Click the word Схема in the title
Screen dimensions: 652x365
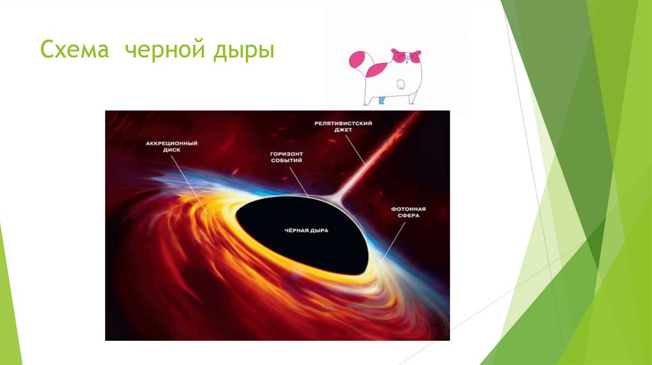[x=74, y=50]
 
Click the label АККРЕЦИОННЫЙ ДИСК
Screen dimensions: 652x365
[x=171, y=147]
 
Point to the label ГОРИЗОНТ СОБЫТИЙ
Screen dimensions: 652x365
[x=287, y=157]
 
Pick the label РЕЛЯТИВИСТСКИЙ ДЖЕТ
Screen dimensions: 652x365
[x=343, y=127]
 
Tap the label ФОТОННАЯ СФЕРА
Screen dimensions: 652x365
[x=408, y=212]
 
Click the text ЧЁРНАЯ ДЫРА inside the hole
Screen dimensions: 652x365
[x=306, y=230]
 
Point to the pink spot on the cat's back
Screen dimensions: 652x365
[x=378, y=70]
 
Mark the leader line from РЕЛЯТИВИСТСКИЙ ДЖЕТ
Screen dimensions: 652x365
[x=355, y=150]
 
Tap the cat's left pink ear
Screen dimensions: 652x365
[x=395, y=52]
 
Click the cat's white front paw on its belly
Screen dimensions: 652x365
[x=400, y=85]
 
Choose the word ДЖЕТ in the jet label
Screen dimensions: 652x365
[x=343, y=130]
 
